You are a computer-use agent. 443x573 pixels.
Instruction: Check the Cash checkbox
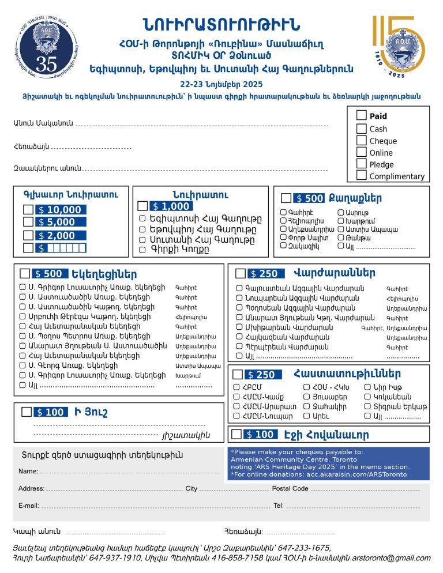(362, 129)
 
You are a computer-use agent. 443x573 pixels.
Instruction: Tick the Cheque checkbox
(362, 141)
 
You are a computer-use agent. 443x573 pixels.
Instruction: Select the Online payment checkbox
(362, 152)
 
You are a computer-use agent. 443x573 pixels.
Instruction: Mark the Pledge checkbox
(362, 164)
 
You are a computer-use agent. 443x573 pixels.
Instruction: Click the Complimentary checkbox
(362, 176)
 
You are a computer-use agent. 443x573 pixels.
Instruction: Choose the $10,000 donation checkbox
(28, 210)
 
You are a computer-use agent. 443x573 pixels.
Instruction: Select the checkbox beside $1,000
(142, 206)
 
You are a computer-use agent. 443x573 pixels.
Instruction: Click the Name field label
(28, 471)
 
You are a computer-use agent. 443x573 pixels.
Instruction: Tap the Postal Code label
(290, 489)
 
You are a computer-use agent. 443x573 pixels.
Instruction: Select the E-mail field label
(28, 506)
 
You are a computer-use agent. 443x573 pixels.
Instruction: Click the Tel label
(278, 506)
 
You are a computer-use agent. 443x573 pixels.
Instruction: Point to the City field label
(191, 489)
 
